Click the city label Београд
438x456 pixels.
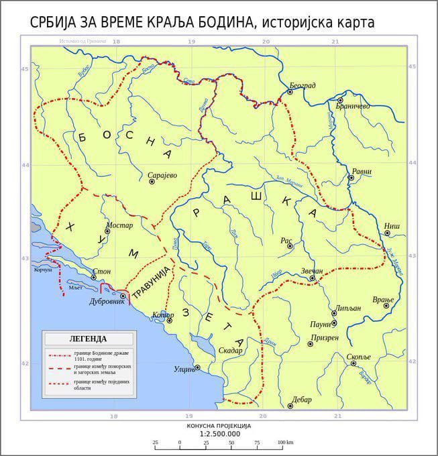coord(303,85)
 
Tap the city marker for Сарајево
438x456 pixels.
coord(152,182)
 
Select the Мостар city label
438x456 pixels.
coord(120,225)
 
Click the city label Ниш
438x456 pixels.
coord(392,226)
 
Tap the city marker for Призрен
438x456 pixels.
coord(310,344)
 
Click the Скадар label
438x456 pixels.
coord(230,350)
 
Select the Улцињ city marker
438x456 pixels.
coord(197,367)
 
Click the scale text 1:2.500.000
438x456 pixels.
coord(219,434)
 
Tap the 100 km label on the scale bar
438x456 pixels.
coord(285,443)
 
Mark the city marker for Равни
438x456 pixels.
coord(351,178)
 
